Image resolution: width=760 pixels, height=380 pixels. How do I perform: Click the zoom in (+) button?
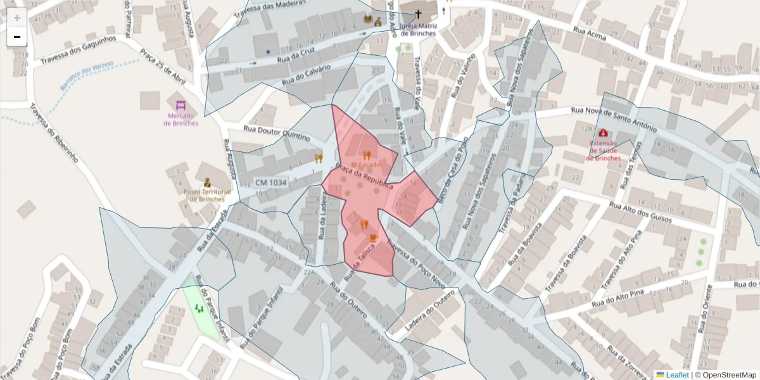tap(17, 18)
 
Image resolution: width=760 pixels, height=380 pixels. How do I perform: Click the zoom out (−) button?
tap(17, 37)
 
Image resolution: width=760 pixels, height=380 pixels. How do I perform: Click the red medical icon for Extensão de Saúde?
tap(603, 133)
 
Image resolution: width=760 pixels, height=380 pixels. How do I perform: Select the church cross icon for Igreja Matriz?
tap(418, 13)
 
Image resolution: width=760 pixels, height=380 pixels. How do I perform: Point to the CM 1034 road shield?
tap(271, 182)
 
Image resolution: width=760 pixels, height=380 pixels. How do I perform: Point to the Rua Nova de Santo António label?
tap(613, 119)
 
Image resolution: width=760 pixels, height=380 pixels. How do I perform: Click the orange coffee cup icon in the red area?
tap(374, 237)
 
